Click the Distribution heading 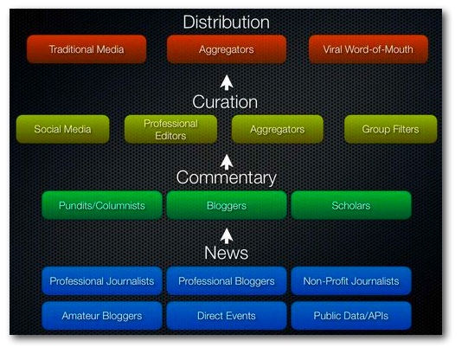point(227,22)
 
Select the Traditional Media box point(87,49)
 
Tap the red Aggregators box point(227,49)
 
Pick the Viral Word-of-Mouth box point(369,49)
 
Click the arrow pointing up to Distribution point(227,82)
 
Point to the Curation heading point(225,102)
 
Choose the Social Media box point(62,129)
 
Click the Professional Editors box point(170,129)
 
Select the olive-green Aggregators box point(278,129)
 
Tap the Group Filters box point(391,129)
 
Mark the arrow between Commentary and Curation point(227,162)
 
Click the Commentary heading point(227,178)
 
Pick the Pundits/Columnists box point(102,205)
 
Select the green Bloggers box point(227,205)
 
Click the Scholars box point(351,205)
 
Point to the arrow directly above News point(227,236)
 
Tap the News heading point(227,253)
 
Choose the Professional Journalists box point(102,281)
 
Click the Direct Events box point(227,316)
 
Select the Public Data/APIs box point(351,316)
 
